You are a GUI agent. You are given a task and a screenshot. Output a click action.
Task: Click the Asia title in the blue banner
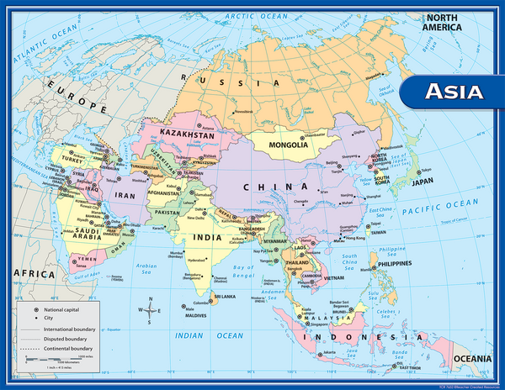[453, 91]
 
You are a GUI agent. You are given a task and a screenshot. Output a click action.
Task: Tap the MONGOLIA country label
[289, 145]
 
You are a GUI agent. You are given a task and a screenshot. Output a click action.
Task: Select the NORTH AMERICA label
[444, 23]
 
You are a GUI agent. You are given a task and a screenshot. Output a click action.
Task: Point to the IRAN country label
[124, 194]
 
